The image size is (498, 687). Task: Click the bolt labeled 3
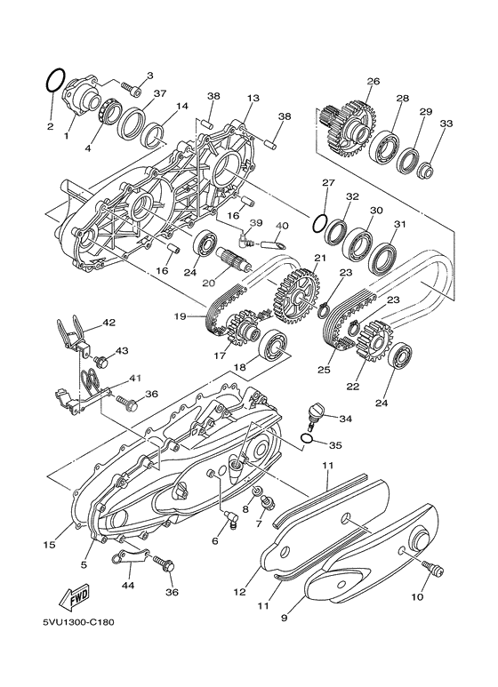(x=131, y=90)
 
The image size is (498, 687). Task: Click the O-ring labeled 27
(x=319, y=224)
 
